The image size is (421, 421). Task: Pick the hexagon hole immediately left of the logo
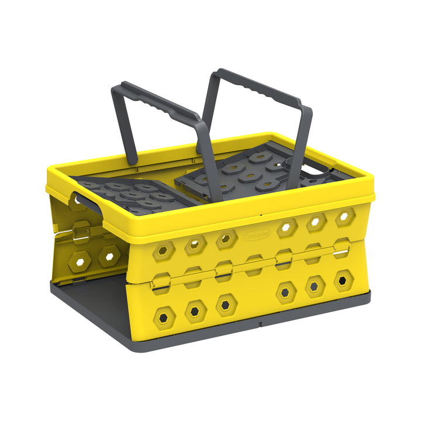(x=226, y=239)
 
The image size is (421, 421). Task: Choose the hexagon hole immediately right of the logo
(x=287, y=227)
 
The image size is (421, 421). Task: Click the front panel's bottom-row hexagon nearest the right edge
(x=343, y=280)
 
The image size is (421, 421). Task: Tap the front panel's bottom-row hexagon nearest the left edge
(x=164, y=317)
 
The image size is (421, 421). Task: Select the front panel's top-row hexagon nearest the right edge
(x=344, y=216)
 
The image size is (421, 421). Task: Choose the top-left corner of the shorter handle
(x=117, y=88)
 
